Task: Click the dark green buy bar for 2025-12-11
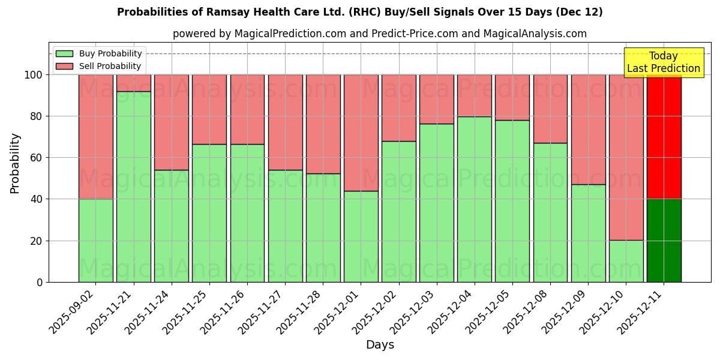(664, 240)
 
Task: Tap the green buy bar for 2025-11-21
(133, 187)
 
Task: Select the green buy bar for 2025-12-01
(361, 236)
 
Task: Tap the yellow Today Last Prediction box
(663, 62)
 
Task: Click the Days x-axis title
(380, 345)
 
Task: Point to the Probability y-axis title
(15, 163)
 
